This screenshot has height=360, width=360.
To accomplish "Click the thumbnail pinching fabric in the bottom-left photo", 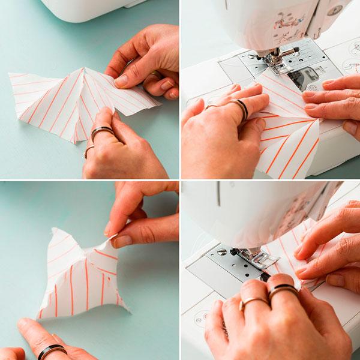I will (122, 241).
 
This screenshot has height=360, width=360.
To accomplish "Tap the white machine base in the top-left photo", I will (90, 9).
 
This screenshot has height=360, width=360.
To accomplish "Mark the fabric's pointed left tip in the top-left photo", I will (10, 75).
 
